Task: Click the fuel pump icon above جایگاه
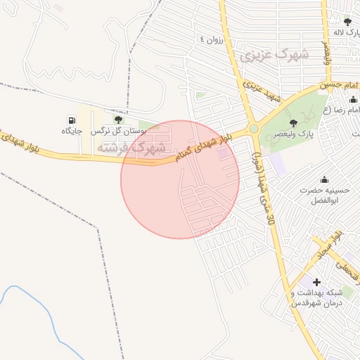pos(72,120)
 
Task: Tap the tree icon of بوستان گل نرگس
pos(117,120)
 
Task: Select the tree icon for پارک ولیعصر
pos(292,123)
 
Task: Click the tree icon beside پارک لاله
pos(346,22)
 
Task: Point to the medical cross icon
pos(316,282)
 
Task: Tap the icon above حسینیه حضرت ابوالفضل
pos(323,180)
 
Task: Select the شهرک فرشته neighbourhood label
pos(131,148)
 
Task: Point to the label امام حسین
pos(335,85)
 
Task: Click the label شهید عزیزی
pos(262,91)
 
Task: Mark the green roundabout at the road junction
pos(253,129)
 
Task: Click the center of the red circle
pos(180,179)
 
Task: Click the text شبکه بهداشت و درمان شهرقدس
pos(316,297)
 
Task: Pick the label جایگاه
pos(72,131)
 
